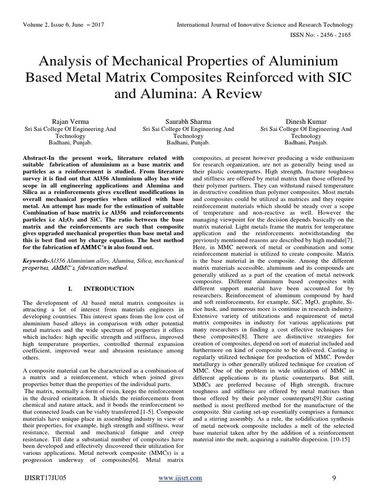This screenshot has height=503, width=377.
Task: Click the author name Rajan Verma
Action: (x=70, y=121)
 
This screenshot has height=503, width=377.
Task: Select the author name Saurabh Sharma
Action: (x=188, y=121)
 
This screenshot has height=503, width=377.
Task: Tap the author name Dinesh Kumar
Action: (x=306, y=121)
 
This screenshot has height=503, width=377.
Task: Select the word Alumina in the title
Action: (x=156, y=93)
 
